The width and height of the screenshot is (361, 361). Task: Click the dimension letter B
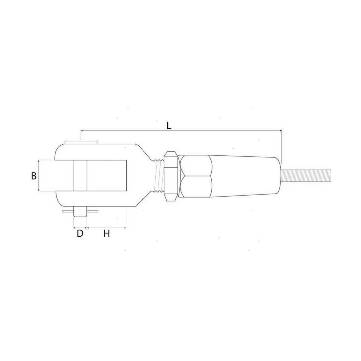[34, 176]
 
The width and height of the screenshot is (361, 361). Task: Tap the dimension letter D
[80, 233]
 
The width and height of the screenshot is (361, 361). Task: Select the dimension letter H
[107, 233]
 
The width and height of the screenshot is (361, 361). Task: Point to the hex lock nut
[170, 176]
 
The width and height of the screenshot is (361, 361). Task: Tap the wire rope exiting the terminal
[306, 176]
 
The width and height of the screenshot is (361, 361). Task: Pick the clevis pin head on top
[81, 142]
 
